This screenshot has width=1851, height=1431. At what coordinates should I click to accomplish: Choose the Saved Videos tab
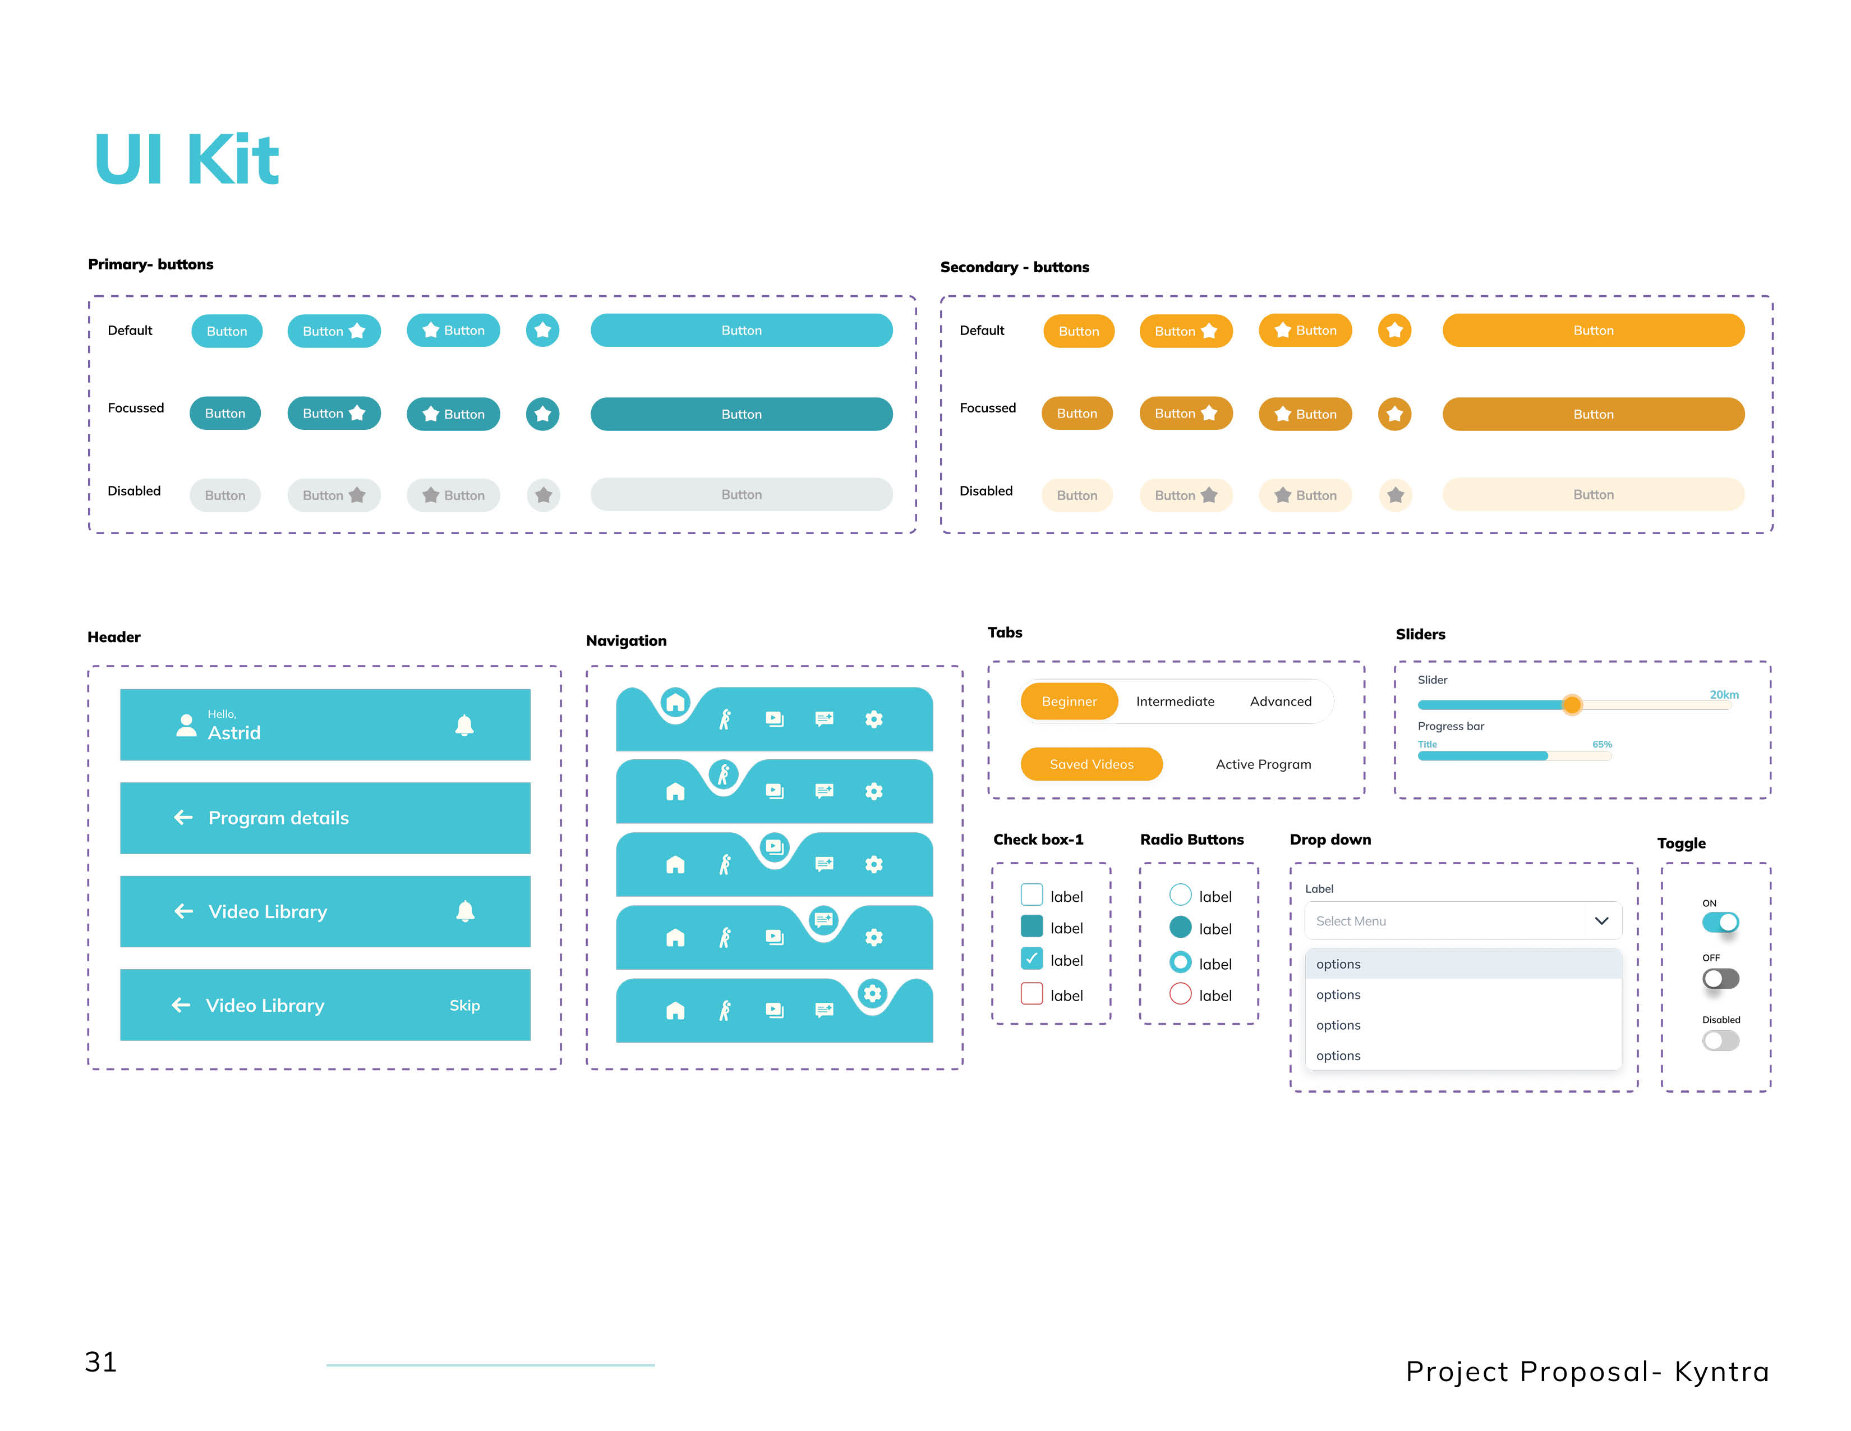1092,764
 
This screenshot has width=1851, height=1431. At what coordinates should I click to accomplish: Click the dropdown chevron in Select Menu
1601,921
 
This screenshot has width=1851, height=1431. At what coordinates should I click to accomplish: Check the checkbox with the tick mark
1032,959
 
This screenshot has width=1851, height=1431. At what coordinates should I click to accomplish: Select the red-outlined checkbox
1032,993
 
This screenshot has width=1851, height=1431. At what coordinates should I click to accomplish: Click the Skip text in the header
464,1006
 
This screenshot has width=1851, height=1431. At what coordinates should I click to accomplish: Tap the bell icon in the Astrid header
464,726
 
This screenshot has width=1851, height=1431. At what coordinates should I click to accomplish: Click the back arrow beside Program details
183,817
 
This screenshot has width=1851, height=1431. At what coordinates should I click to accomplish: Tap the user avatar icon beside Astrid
186,726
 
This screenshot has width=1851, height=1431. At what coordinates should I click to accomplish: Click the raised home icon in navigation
675,703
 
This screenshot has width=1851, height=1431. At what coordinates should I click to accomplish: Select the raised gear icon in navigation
872,993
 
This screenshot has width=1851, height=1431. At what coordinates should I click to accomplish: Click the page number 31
101,1363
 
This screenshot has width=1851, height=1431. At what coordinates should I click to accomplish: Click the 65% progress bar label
1602,744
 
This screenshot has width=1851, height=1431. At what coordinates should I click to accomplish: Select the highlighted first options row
1463,964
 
